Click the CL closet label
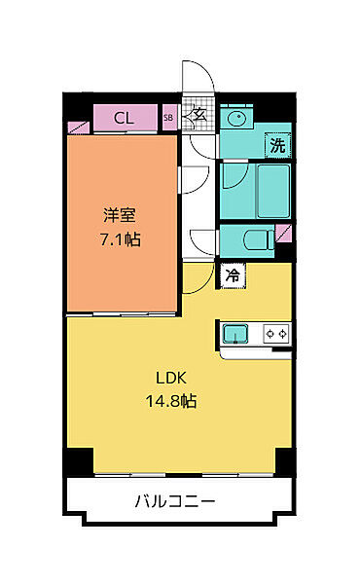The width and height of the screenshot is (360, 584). tap(123, 119)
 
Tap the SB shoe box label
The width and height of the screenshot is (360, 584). tap(168, 119)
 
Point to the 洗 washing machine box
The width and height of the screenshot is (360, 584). tap(277, 147)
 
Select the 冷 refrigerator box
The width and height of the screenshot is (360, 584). tap(233, 275)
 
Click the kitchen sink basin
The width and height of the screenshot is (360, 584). tap(236, 334)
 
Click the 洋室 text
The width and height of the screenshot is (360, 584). tap(121, 216)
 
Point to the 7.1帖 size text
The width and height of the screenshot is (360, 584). tap(121, 237)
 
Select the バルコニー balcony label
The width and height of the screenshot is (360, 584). tap(175, 502)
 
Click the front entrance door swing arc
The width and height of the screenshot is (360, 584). tap(195, 82)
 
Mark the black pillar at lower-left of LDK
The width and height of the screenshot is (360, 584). tap(80, 462)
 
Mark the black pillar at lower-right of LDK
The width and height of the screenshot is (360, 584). tap(283, 462)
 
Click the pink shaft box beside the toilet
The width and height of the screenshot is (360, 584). tap(283, 234)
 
